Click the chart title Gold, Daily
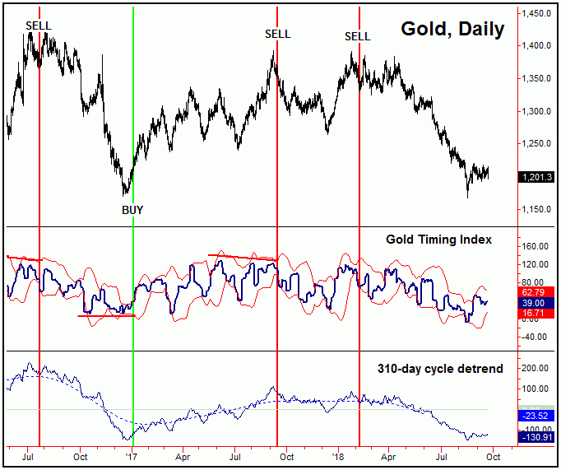[x=452, y=29]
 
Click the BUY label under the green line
[x=132, y=210]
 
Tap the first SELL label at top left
[x=39, y=26]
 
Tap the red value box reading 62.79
[x=535, y=291]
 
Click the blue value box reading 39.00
[x=535, y=303]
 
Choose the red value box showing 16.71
[x=535, y=314]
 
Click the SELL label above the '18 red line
[x=358, y=36]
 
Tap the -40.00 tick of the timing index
[x=535, y=336]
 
